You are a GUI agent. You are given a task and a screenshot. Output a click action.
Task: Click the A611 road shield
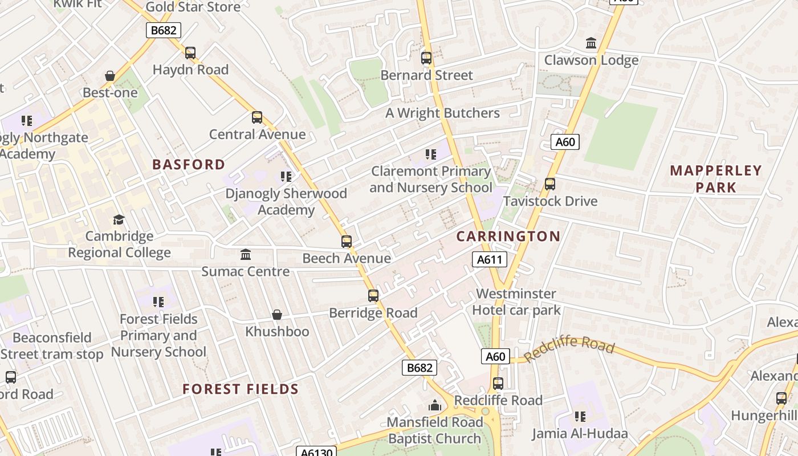[489, 260]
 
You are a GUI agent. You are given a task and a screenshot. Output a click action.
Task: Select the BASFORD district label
[189, 165]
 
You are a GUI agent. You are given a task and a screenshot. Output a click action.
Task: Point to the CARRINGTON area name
[508, 237]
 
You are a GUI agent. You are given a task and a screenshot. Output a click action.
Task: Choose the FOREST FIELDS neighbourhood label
[241, 389]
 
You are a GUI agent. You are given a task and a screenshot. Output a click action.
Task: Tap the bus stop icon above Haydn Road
[190, 53]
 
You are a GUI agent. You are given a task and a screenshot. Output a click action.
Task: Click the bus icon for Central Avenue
[257, 118]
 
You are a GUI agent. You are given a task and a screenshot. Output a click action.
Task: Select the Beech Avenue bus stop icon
[347, 242]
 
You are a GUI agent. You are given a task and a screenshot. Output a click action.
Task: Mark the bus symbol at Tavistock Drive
[550, 184]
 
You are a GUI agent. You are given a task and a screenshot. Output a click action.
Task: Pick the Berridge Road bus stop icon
[373, 296]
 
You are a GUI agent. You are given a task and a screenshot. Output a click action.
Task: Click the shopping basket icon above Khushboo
[277, 315]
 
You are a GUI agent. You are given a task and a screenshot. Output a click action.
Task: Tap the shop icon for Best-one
[110, 76]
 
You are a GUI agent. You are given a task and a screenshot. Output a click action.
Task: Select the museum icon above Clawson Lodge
[591, 43]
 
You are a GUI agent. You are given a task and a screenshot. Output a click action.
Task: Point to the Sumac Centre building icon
[246, 254]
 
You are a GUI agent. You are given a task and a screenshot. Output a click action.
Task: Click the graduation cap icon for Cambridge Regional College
[119, 219]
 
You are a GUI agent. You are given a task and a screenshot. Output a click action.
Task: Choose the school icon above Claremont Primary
[431, 154]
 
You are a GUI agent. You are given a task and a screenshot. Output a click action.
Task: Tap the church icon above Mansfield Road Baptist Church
[435, 405]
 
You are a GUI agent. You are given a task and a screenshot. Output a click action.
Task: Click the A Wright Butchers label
[442, 113]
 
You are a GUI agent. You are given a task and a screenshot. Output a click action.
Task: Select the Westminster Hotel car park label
[516, 302]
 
